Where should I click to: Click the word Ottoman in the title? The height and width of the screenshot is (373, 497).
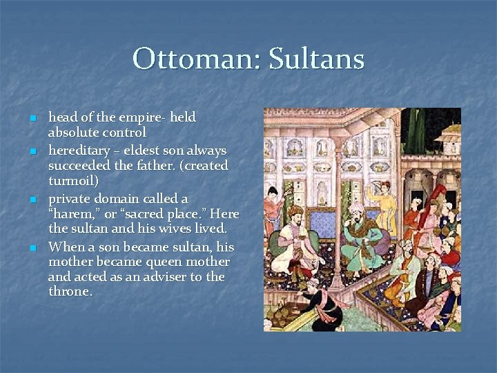pos(188,59)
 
